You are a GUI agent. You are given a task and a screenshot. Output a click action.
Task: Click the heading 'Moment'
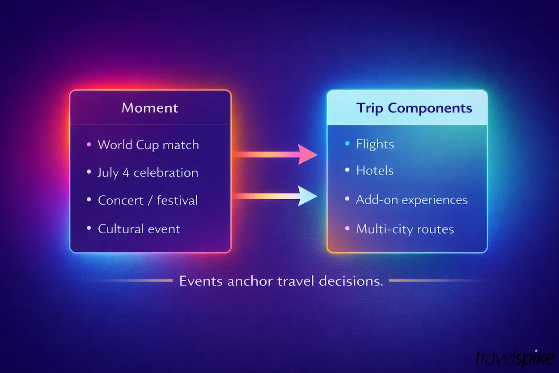(150, 108)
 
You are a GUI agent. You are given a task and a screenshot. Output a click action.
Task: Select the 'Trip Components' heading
(414, 108)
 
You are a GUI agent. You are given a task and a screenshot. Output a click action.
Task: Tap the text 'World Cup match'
(148, 145)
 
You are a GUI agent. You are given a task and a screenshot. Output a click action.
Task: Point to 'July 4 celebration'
(148, 173)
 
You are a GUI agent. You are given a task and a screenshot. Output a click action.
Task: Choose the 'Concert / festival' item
(148, 200)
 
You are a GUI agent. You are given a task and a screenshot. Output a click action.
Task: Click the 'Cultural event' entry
(139, 229)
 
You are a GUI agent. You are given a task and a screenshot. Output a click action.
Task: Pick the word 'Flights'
(375, 144)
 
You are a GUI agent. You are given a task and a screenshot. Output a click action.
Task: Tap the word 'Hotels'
(375, 171)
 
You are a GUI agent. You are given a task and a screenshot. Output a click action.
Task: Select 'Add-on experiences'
(411, 200)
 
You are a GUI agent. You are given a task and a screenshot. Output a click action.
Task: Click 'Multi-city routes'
(405, 229)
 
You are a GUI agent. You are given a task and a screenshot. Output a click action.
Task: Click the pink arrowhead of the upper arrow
(308, 154)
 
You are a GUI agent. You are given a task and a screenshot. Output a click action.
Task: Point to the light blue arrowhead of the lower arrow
(308, 196)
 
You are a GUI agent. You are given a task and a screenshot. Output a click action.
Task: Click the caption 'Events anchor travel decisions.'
(281, 281)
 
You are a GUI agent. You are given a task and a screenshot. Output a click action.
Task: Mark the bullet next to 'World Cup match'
(89, 145)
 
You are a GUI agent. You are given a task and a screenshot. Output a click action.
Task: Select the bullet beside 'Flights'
(347, 144)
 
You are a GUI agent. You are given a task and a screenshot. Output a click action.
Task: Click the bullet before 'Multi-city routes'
(347, 229)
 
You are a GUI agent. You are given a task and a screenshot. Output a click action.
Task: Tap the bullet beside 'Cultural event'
(89, 229)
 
